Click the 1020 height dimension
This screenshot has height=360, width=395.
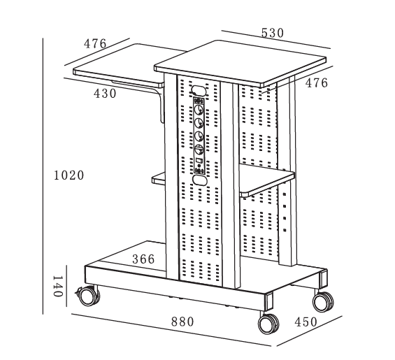tap(69, 175)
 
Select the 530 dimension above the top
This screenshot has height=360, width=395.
tap(273, 33)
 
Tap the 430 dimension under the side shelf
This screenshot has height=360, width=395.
tap(105, 94)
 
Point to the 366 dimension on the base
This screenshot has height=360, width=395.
tap(143, 259)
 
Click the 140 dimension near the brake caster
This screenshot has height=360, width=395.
tap(58, 286)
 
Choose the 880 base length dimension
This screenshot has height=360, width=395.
tap(182, 322)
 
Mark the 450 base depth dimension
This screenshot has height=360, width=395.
tap(306, 322)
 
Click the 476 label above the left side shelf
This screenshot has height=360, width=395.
tap(95, 43)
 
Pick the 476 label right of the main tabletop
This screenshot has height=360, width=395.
tap(317, 83)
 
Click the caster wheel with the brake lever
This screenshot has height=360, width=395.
tap(88, 296)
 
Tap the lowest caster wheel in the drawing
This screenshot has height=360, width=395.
tap(268, 324)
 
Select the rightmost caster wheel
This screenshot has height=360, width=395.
tap(323, 301)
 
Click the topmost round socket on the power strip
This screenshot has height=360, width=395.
tap(199, 110)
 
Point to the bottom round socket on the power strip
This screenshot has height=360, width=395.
tap(199, 149)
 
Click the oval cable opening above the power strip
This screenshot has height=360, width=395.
tap(199, 90)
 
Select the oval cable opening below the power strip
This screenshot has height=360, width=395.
tap(199, 180)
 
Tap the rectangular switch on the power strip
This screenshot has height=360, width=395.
tap(199, 160)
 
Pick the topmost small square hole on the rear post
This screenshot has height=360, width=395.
tap(285, 194)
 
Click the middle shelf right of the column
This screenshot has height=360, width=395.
tap(267, 180)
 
